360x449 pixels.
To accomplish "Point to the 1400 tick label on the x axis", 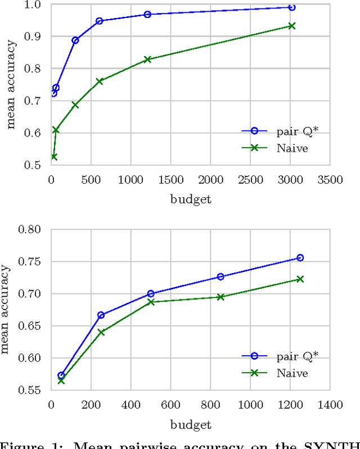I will (x=330, y=404).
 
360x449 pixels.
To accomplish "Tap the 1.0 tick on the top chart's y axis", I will (x=35, y=4).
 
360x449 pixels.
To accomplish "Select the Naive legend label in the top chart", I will (x=292, y=148).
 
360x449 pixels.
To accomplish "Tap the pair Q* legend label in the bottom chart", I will (x=291, y=356).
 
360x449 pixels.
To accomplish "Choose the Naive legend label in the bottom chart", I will (x=292, y=373).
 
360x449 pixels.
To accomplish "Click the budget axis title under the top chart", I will (x=190, y=199).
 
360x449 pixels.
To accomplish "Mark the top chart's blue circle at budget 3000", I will (x=291, y=7).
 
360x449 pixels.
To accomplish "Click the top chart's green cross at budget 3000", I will (x=291, y=26).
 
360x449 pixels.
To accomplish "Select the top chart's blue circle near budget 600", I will (x=100, y=21).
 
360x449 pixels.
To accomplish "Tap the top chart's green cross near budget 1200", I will (x=147, y=59).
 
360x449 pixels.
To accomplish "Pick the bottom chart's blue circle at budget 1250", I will (x=300, y=258).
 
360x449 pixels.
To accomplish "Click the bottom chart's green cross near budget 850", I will (x=220, y=297).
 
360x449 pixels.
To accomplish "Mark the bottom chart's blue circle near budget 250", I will (x=101, y=315).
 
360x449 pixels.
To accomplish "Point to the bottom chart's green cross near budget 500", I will (x=151, y=302).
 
